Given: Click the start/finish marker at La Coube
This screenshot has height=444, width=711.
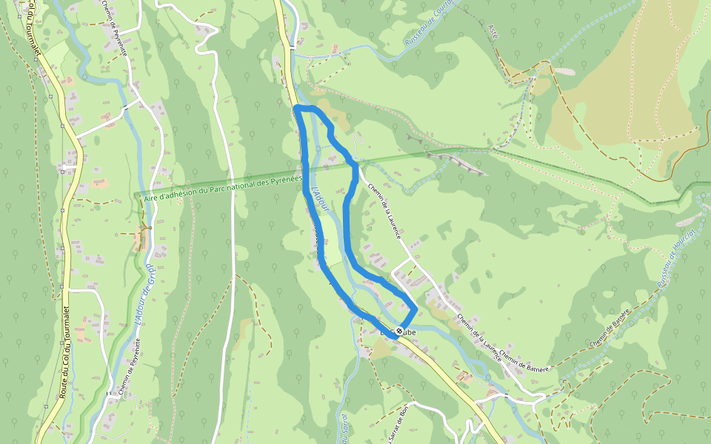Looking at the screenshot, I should pyautogui.click(x=400, y=331).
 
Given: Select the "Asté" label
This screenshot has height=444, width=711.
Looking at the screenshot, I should pyautogui.click(x=494, y=30).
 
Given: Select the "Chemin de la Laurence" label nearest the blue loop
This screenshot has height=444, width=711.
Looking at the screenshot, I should pyautogui.click(x=386, y=211).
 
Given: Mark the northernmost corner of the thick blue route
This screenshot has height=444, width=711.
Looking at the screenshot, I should pyautogui.click(x=297, y=109).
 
